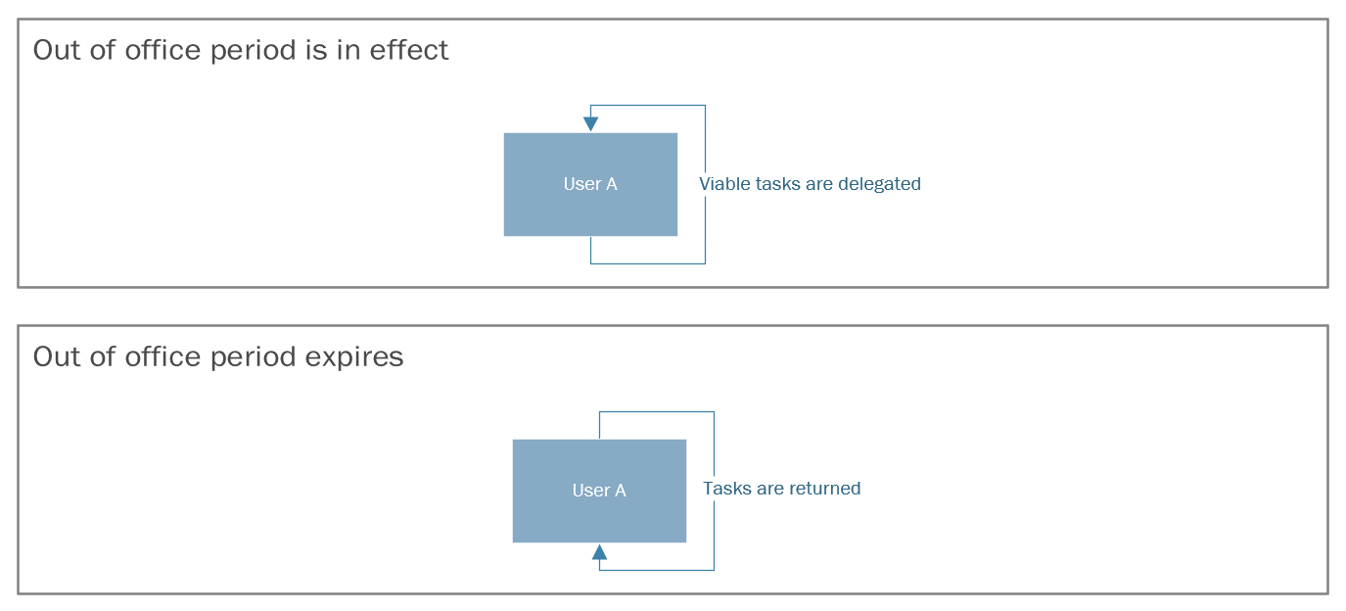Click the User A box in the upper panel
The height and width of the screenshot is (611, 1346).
point(590,184)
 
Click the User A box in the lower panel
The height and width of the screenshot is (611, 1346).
point(599,491)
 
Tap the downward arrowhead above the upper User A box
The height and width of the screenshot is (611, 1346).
point(590,123)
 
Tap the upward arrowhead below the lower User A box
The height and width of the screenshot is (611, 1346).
point(599,552)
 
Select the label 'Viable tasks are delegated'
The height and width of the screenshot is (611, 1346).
point(810,184)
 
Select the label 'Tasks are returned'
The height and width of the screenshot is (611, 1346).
point(782,489)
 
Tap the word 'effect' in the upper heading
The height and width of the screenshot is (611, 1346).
point(408,50)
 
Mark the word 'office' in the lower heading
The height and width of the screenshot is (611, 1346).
point(162,356)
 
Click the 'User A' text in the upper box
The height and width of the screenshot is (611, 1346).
point(590,184)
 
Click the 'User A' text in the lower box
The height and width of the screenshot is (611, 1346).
point(599,491)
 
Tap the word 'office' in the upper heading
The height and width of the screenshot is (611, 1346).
point(162,49)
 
